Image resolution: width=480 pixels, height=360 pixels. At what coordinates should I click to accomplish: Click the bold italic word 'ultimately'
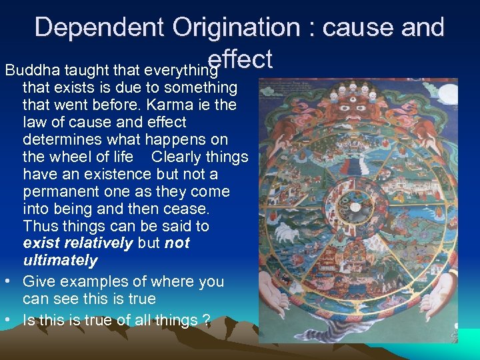click(x=60, y=261)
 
